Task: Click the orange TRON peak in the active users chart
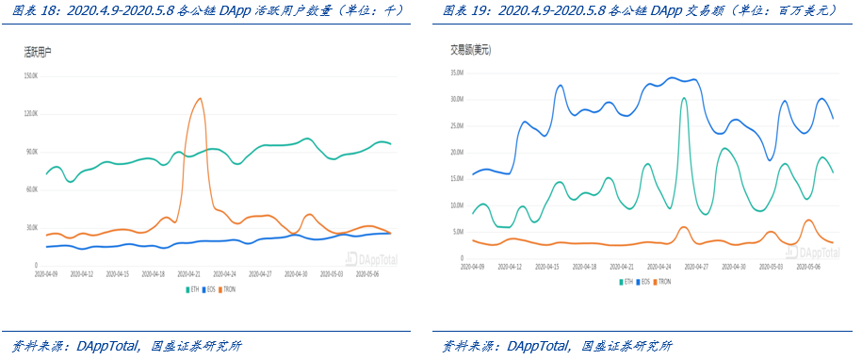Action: pyautogui.click(x=199, y=99)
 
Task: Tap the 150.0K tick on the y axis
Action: pyautogui.click(x=30, y=75)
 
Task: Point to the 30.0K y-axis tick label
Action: pyautogui.click(x=30, y=227)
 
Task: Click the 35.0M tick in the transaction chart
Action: pyautogui.click(x=459, y=72)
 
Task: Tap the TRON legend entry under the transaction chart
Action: pyautogui.click(x=661, y=282)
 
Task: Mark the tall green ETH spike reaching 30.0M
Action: pyautogui.click(x=684, y=99)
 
